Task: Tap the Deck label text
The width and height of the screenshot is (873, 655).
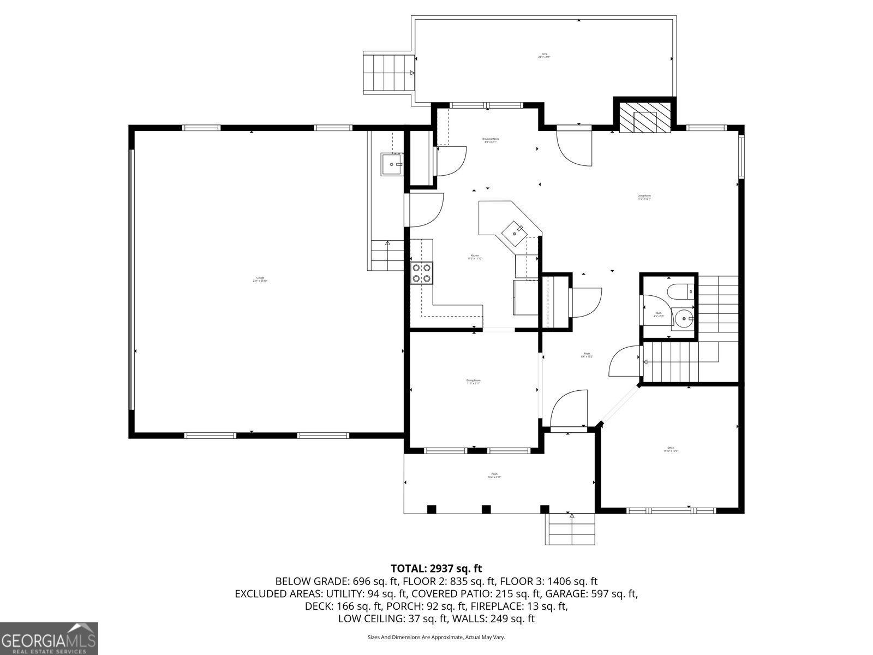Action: [544, 55]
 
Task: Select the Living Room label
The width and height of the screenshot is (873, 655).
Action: [644, 197]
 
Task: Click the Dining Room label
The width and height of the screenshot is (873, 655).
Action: [473, 382]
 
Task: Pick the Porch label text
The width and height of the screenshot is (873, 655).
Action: [494, 475]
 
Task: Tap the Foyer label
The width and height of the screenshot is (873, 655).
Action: [587, 355]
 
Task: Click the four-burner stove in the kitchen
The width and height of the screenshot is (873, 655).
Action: [422, 273]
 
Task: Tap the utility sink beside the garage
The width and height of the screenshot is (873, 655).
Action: [392, 164]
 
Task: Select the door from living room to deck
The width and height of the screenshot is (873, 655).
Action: [574, 145]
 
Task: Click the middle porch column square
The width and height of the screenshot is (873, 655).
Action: [486, 509]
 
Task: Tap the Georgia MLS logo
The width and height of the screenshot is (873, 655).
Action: [49, 638]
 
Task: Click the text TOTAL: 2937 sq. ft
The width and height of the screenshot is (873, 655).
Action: [436, 569]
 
